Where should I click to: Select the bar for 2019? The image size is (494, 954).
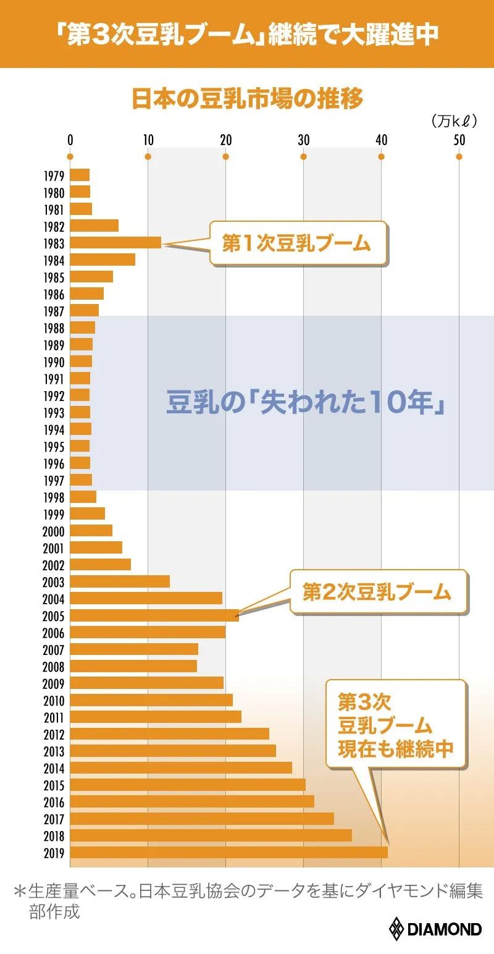[228, 853]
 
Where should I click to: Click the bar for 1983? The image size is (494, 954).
[115, 242]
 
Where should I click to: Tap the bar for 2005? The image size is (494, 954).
[154, 615]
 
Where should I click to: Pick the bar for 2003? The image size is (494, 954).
[120, 581]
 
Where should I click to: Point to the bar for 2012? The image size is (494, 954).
[169, 734]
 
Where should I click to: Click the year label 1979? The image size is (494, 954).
[54, 175]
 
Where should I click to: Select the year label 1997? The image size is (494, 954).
[54, 480]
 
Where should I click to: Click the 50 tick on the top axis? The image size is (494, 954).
[459, 140]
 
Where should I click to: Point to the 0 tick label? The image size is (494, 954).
[70, 140]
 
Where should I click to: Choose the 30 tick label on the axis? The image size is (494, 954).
[303, 140]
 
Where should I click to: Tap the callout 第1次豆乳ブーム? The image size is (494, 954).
[298, 244]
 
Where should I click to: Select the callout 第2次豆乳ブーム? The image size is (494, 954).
[377, 593]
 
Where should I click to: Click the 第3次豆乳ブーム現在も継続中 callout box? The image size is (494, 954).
[395, 724]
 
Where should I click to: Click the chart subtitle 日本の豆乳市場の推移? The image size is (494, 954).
[248, 99]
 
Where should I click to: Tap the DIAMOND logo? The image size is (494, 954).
[435, 929]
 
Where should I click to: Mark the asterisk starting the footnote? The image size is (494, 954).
[20, 893]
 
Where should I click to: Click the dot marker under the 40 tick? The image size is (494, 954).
[381, 156]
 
